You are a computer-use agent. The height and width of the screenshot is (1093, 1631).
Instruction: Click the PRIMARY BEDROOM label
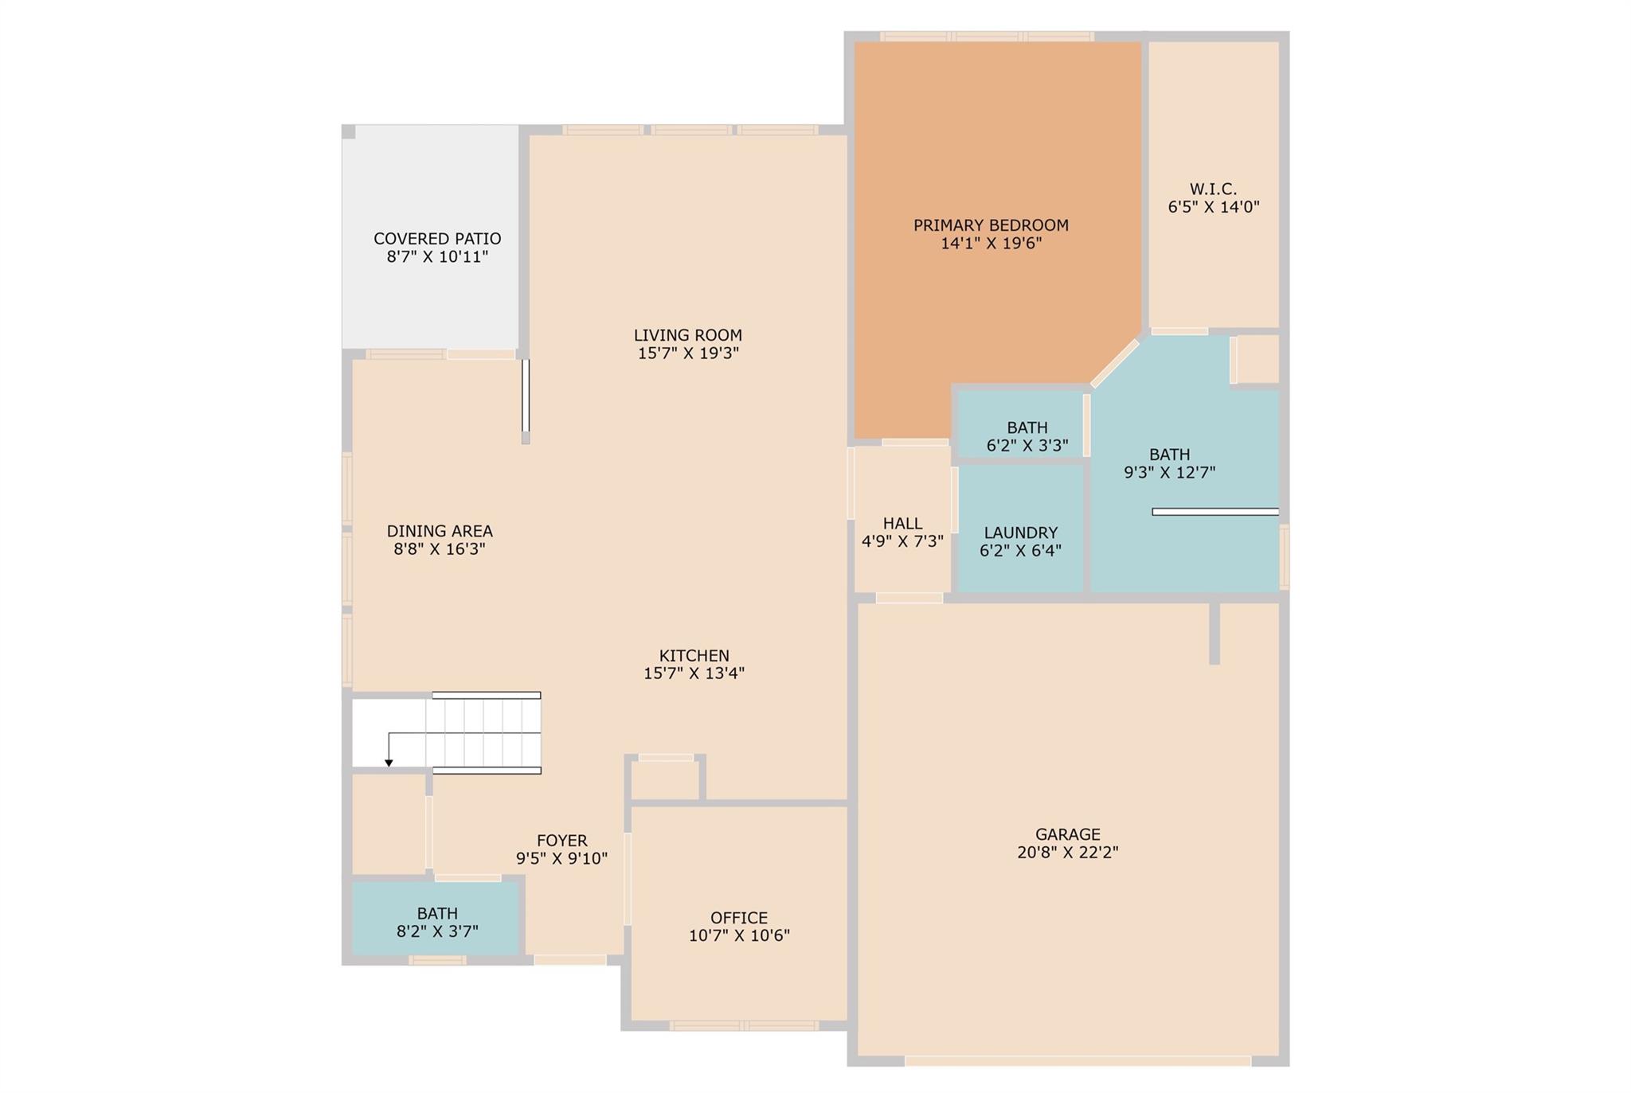tap(991, 225)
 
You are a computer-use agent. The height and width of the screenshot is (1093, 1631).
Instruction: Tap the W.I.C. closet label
tap(1213, 189)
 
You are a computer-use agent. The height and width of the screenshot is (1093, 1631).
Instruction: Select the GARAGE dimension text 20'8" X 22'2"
tap(1067, 852)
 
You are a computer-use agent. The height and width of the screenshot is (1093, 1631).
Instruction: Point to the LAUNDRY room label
tap(1020, 533)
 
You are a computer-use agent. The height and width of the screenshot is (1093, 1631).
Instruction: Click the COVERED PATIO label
tap(437, 239)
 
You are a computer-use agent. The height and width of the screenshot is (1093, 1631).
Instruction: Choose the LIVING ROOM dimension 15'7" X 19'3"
tap(688, 353)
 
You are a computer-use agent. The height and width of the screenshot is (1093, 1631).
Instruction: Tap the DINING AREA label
tap(440, 531)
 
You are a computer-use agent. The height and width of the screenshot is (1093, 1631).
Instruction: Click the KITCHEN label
tap(694, 656)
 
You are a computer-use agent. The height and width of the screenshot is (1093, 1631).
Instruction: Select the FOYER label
tap(561, 841)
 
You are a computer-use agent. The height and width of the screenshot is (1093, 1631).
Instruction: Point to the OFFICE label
tap(739, 918)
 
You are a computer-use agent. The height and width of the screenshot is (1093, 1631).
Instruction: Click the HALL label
tap(902, 524)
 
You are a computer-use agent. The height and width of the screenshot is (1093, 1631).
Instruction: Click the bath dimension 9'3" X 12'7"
tap(1169, 472)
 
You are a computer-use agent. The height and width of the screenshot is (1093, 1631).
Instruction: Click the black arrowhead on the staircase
tap(389, 763)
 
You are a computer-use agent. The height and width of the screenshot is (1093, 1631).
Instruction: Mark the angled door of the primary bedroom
tap(1115, 363)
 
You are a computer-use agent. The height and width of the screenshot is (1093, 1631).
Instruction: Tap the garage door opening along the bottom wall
tap(1077, 1060)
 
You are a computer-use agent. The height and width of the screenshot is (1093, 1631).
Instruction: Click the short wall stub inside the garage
tap(1214, 633)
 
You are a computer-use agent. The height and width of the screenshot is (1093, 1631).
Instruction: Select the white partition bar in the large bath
tap(1214, 512)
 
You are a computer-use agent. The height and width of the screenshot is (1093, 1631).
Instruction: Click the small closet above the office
tap(665, 779)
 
